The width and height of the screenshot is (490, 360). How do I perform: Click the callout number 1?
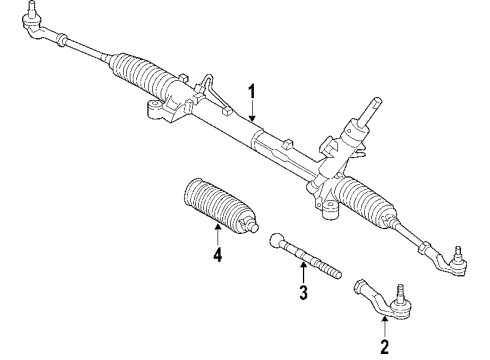click(x=254, y=93)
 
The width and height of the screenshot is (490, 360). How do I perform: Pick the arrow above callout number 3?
click(x=301, y=271)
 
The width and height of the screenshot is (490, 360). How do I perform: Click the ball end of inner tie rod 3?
click(x=278, y=241)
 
